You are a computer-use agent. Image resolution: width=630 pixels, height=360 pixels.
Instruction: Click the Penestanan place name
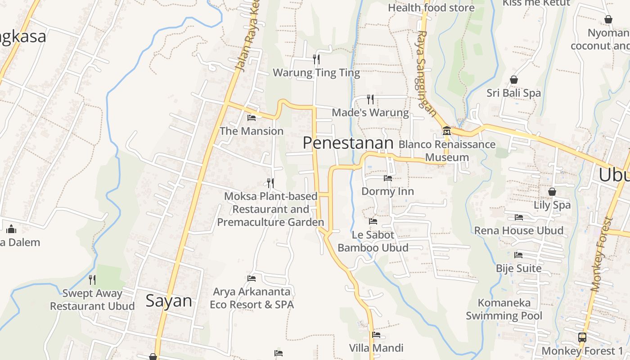pos(348,143)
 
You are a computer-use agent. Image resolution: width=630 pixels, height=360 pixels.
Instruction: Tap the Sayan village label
pos(169,301)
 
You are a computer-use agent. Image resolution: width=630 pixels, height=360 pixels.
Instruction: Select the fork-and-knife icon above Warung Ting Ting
pos(316,59)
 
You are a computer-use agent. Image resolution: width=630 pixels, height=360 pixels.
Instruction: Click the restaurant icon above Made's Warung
pos(370,99)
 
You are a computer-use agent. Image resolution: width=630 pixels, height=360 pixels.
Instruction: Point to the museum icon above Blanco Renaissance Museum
pos(447,131)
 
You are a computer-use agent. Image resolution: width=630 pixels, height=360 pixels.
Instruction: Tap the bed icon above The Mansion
pos(252,118)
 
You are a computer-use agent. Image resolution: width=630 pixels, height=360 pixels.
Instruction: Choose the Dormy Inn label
pos(387,191)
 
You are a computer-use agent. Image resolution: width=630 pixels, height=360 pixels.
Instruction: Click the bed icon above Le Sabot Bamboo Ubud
pos(373,221)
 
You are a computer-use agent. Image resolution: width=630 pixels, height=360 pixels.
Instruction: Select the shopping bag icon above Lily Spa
pos(552,192)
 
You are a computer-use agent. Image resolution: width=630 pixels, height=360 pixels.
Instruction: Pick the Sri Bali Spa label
pos(513,93)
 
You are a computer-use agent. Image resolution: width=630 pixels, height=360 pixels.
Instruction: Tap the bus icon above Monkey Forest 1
pos(582,337)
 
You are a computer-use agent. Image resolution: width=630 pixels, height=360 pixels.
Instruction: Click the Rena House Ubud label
pos(518,230)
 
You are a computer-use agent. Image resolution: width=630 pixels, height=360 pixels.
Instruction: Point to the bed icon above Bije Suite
pos(518,255)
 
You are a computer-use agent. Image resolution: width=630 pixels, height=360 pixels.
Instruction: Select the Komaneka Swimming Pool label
pos(504,309)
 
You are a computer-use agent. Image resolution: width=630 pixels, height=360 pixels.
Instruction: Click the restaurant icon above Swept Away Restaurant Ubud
pos(92,280)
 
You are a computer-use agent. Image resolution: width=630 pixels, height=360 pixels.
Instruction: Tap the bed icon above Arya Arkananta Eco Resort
pos(252,279)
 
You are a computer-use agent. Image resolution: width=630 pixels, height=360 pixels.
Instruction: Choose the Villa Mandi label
pos(376,348)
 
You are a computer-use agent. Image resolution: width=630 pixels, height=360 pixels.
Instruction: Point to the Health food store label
pos(431,8)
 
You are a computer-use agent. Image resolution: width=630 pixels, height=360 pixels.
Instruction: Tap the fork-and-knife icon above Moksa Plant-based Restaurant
pos(270,183)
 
